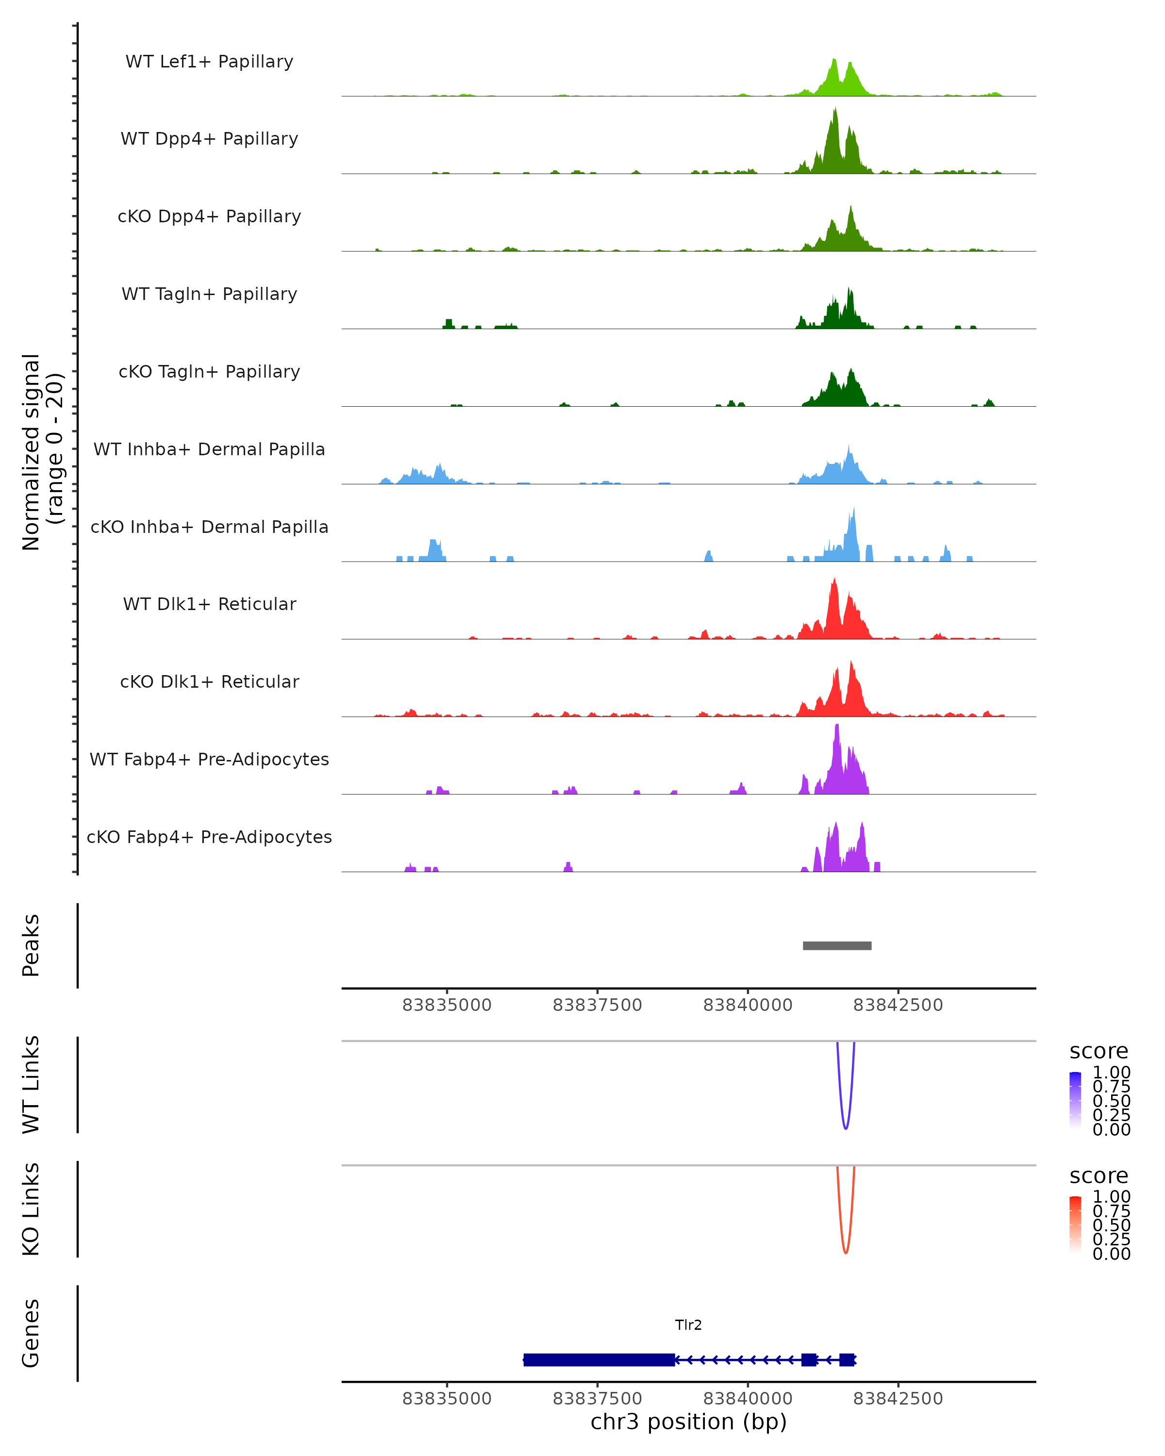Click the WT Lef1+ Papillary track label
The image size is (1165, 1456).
tap(209, 62)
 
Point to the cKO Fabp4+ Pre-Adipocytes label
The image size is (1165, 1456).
tap(209, 837)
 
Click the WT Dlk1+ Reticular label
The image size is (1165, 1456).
tap(209, 604)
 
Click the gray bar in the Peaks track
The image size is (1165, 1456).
tap(837, 945)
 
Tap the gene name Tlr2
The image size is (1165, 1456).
tap(688, 1325)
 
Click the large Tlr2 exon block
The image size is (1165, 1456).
tap(599, 1359)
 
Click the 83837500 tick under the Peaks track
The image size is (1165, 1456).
tap(597, 1005)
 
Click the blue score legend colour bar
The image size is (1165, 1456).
tap(1075, 1101)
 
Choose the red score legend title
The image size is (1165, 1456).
tap(1098, 1176)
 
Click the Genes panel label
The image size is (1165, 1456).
tap(31, 1333)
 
